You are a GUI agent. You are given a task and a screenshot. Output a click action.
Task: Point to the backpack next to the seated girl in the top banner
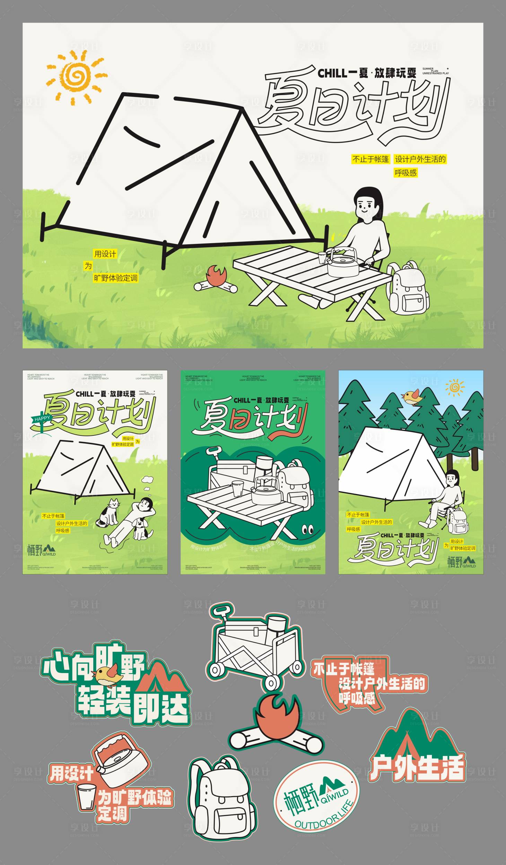click(408, 289)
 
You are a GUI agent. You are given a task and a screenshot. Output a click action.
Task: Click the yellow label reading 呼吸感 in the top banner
click(405, 173)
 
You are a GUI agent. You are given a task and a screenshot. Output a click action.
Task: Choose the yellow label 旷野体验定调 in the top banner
click(116, 278)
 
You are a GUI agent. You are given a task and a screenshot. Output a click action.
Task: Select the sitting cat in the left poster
click(110, 512)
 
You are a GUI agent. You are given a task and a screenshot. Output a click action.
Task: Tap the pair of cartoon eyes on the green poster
click(307, 530)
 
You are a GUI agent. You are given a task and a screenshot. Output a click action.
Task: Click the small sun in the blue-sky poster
click(455, 387)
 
